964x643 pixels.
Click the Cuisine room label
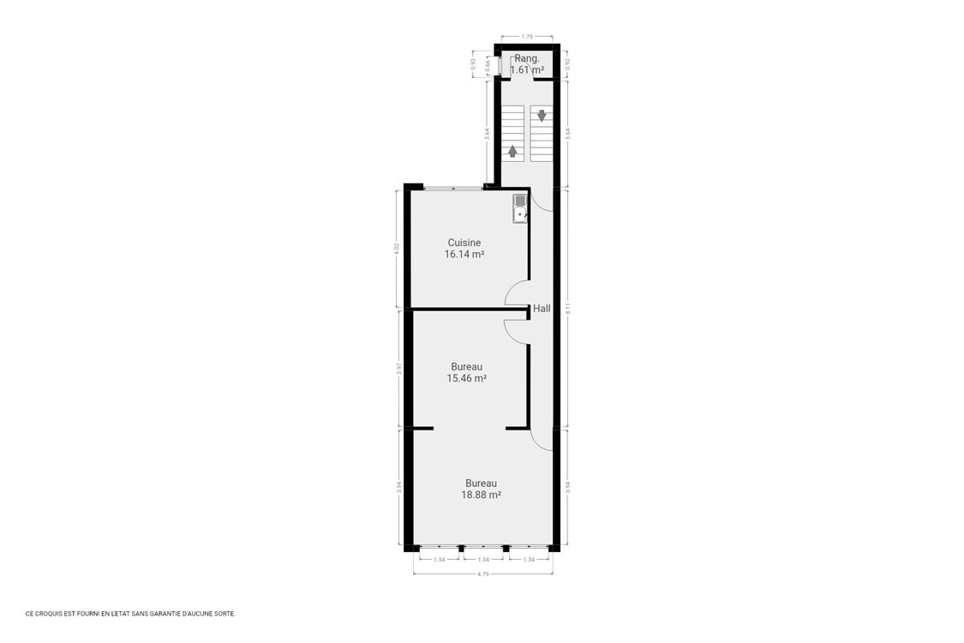tap(464, 243)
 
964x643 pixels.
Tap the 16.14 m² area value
tap(464, 255)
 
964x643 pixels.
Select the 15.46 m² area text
tap(466, 378)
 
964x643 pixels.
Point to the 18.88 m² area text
tap(481, 495)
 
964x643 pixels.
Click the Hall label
tap(542, 309)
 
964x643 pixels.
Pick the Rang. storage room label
tap(526, 58)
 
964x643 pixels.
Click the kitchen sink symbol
tap(519, 209)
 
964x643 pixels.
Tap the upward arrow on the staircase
tap(512, 151)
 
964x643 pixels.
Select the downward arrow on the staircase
tap(542, 115)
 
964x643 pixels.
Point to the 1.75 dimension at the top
tap(527, 37)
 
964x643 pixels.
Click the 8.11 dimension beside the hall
tap(567, 308)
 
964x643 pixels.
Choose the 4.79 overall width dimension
tap(482, 574)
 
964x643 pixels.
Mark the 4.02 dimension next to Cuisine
tap(397, 249)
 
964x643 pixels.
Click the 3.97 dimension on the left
tap(399, 369)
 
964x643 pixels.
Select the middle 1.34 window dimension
tap(483, 560)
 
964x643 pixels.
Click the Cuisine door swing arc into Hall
tap(516, 293)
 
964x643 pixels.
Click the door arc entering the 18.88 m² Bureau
tap(541, 439)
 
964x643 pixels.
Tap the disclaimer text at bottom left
tap(130, 614)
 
